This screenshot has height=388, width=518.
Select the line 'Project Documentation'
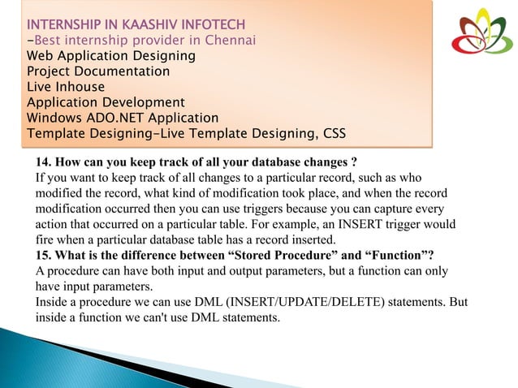coord(98,71)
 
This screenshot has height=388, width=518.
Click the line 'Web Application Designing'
coord(111,56)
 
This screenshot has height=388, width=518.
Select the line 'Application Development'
coord(106,102)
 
